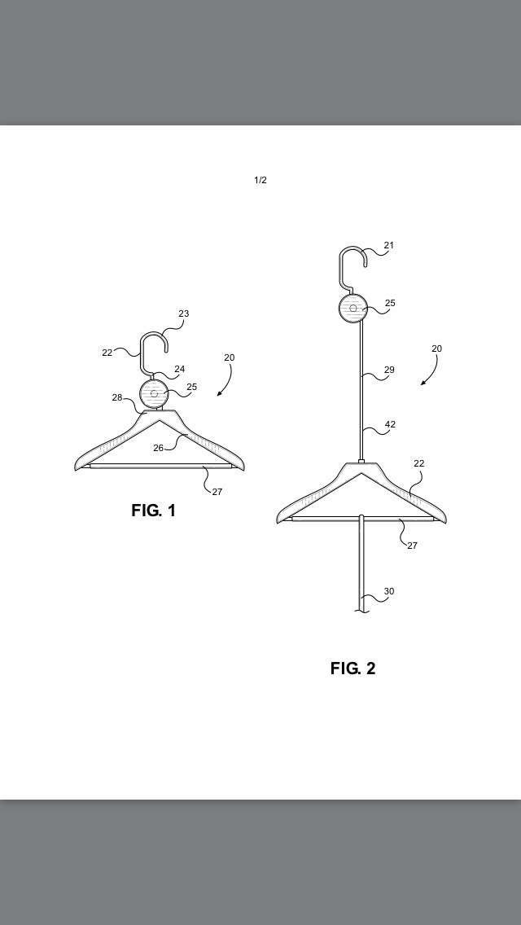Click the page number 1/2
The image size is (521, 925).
(x=260, y=180)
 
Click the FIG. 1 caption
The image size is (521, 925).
(x=153, y=511)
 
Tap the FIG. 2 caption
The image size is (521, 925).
(x=352, y=669)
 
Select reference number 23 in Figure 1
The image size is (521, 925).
(x=183, y=313)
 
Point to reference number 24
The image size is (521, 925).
(x=179, y=370)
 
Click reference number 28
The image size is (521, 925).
(x=117, y=397)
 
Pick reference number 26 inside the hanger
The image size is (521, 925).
(x=158, y=449)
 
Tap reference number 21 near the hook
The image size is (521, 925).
(x=388, y=245)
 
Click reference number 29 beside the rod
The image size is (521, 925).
(x=389, y=370)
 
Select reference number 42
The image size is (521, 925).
(x=390, y=424)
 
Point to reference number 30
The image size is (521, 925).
(x=389, y=591)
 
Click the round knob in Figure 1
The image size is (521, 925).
(x=154, y=393)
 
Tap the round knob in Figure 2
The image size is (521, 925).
(x=353, y=308)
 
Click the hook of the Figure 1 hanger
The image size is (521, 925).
(x=142, y=354)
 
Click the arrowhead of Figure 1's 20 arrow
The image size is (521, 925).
(x=219, y=394)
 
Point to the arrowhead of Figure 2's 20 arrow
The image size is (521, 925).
(x=422, y=384)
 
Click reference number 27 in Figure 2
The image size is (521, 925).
(x=412, y=546)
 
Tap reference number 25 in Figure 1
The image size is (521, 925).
(x=192, y=387)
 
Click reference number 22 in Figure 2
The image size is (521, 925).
(x=419, y=463)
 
